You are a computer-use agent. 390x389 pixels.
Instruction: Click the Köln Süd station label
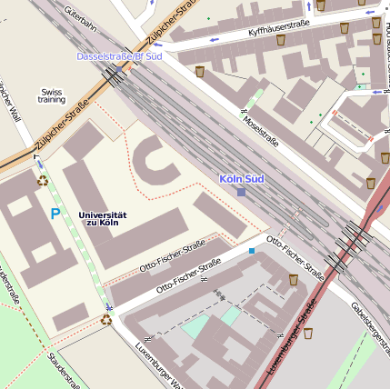(x=241, y=179)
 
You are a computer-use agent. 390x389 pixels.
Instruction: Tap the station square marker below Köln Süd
(x=241, y=192)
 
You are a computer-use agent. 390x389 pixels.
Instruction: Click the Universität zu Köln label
(x=102, y=218)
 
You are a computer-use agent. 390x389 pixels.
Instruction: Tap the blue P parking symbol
(x=55, y=214)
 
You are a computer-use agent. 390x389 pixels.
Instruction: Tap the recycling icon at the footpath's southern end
(x=106, y=319)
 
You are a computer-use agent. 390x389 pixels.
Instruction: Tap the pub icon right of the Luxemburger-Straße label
(x=308, y=334)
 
